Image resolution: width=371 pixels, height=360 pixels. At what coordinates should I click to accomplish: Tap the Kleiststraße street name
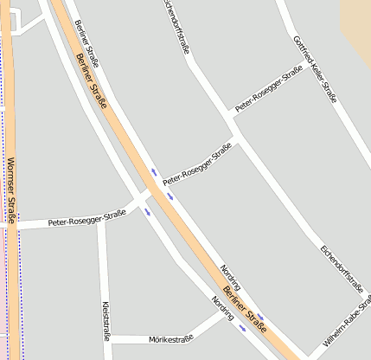pyautogui.click(x=106, y=319)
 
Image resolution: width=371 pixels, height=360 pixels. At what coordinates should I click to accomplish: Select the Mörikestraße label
pyautogui.click(x=170, y=339)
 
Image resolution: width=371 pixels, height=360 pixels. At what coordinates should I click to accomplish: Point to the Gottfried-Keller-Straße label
pyautogui.click(x=315, y=68)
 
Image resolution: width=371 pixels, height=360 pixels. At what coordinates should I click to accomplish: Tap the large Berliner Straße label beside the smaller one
pyautogui.click(x=92, y=80)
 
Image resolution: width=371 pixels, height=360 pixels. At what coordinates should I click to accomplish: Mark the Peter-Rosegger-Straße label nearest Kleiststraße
pyautogui.click(x=87, y=220)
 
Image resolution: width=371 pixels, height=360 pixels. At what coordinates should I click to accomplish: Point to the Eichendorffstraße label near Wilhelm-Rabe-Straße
pyautogui.click(x=333, y=267)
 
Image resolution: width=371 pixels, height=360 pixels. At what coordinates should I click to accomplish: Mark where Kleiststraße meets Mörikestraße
pyautogui.click(x=108, y=339)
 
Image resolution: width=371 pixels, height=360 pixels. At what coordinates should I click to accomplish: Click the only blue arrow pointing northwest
pyautogui.click(x=155, y=171)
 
